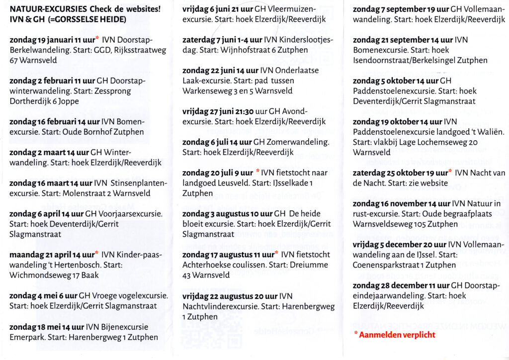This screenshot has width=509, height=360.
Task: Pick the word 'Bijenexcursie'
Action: coord(125,327)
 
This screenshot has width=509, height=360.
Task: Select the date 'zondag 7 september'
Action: coord(393,9)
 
